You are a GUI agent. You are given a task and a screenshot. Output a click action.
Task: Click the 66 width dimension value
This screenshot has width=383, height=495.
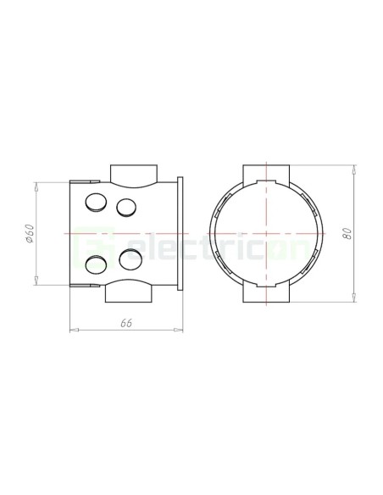coord(126,323)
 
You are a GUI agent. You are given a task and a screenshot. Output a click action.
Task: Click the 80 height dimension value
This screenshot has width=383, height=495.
coord(347,233)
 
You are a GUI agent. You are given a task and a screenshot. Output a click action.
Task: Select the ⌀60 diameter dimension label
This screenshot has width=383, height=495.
coord(29,233)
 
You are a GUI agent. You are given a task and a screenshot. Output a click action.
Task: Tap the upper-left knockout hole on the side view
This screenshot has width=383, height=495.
coord(96,202)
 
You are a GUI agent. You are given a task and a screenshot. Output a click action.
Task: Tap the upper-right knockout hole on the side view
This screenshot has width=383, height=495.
coord(126,208)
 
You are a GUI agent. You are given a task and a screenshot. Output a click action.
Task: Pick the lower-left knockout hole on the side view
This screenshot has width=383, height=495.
coord(96,264)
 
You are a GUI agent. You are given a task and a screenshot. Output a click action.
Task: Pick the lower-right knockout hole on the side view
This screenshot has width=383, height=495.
coord(130,259)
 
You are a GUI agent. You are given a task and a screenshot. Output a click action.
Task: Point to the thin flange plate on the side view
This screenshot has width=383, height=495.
coord(180,233)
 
